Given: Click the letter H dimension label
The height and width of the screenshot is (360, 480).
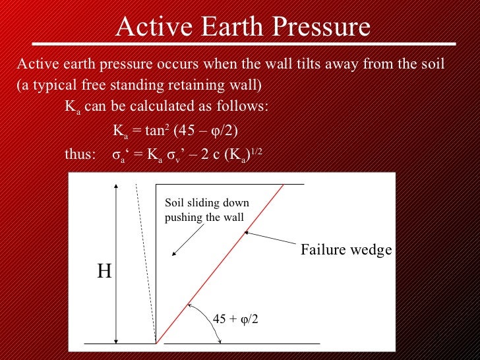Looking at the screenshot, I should (104, 272).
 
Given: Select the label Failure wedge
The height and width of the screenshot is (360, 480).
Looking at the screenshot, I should (346, 250).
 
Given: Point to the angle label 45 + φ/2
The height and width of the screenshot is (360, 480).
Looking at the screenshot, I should (235, 319).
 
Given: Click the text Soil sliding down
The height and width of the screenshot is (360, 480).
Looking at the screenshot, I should (206, 203).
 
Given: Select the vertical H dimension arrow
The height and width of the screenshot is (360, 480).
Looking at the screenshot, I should (117, 264).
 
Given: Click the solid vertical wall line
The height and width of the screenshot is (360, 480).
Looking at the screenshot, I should (156, 264).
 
